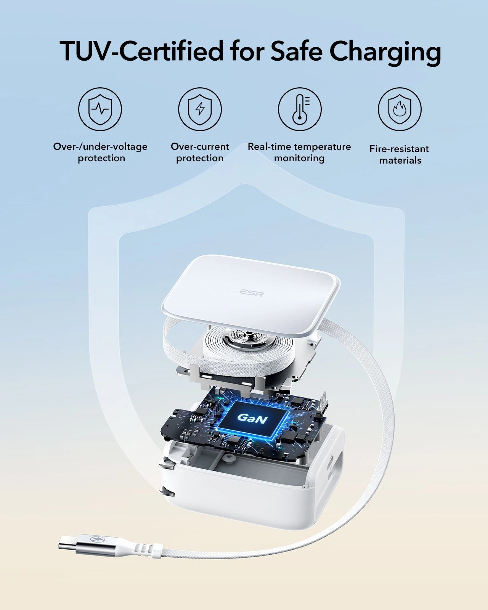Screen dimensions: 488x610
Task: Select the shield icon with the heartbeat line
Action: [x=100, y=109]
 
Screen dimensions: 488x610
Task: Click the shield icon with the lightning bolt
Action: [x=200, y=109]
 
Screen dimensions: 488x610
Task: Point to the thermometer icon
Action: [x=300, y=109]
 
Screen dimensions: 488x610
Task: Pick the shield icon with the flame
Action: [x=400, y=109]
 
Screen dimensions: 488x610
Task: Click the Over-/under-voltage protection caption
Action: [x=100, y=152]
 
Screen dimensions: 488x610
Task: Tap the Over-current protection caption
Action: [x=200, y=152]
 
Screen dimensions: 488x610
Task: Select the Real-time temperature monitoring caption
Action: [x=299, y=152]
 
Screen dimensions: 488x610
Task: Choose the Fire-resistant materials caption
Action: [x=400, y=154]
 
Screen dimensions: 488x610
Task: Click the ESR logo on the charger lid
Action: [x=252, y=292]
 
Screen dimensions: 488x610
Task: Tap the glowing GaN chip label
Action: [x=252, y=418]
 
